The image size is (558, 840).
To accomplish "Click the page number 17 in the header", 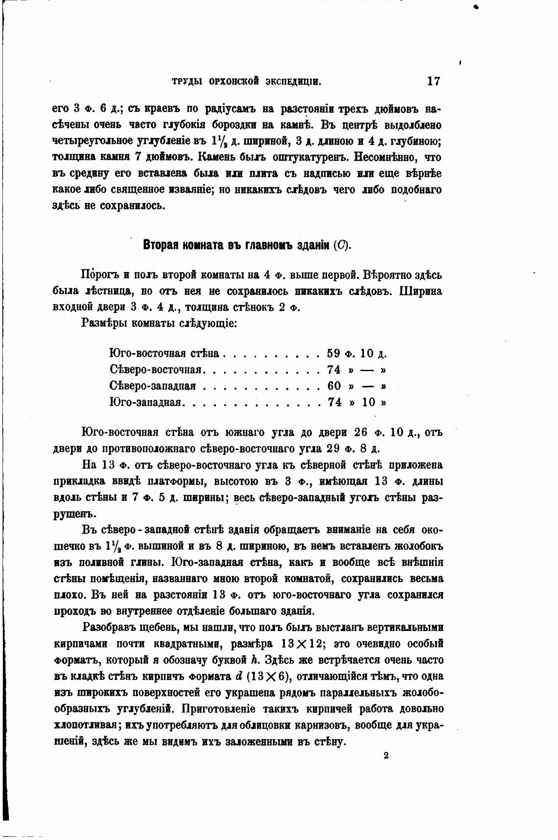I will tap(433, 81).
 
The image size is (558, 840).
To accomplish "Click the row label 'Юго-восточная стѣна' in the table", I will tap(164, 353).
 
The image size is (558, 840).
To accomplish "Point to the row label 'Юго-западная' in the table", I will tap(146, 402).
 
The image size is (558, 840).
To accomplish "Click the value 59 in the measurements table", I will tap(334, 353).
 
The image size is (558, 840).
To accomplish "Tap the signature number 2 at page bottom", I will tap(386, 755).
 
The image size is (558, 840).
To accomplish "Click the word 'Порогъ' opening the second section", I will tap(98, 274).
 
